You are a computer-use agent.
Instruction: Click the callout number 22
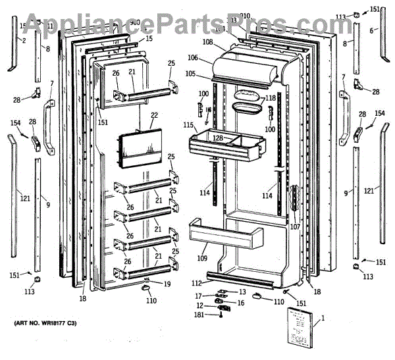tap(155, 116)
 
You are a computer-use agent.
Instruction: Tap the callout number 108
tap(207, 42)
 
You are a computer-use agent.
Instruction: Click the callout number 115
tap(188, 125)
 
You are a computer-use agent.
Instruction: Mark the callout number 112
tap(197, 283)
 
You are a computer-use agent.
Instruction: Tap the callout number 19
tap(167, 284)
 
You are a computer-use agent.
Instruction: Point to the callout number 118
tap(270, 99)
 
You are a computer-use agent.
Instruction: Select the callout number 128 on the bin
tap(218, 138)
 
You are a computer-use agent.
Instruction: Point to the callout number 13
tap(242, 292)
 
